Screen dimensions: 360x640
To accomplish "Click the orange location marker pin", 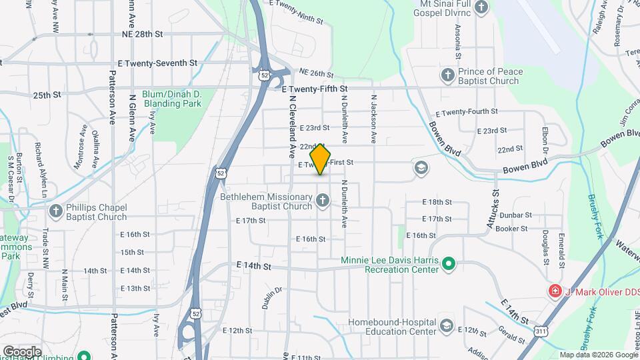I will point(321,159).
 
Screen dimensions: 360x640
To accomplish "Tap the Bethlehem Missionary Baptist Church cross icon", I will point(323,201).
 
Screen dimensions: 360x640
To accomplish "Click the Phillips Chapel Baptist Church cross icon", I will point(56,211).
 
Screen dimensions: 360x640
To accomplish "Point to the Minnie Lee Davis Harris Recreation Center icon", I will point(449,264).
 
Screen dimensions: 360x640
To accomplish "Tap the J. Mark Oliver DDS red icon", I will point(554,291).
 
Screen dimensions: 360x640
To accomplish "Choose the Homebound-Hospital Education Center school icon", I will point(446,326).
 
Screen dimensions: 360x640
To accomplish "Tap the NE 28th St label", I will point(143,33).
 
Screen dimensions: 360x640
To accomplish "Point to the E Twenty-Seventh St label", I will point(158,63).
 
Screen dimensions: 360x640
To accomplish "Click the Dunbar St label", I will point(517,215).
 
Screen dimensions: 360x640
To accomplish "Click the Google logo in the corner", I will point(22,351).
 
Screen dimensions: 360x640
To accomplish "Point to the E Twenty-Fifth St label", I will point(315,89).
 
